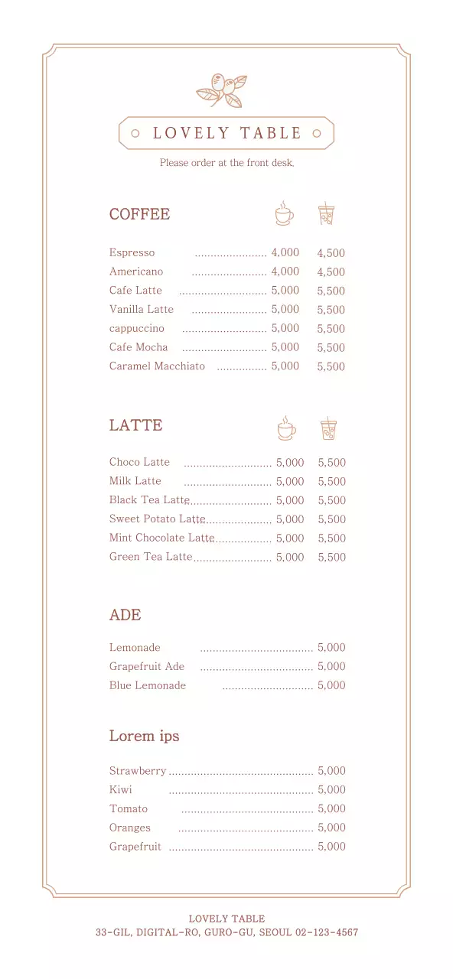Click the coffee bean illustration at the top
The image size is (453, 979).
pyautogui.click(x=222, y=90)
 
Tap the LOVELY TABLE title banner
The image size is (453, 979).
pyautogui.click(x=226, y=133)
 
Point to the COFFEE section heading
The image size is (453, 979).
pyautogui.click(x=139, y=214)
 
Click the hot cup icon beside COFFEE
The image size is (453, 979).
pyautogui.click(x=284, y=213)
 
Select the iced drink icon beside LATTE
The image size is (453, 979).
pyautogui.click(x=328, y=428)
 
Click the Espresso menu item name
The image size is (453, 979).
pyautogui.click(x=132, y=252)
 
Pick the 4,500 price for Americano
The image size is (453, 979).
pyautogui.click(x=331, y=272)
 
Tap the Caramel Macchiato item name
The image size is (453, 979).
pyautogui.click(x=157, y=366)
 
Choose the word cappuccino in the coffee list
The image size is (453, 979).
pyautogui.click(x=136, y=328)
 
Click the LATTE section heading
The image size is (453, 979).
pyautogui.click(x=135, y=425)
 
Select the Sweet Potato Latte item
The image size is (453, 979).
pyautogui.click(x=157, y=519)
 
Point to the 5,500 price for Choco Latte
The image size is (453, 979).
pyautogui.click(x=331, y=463)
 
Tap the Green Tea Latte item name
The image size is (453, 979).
pyautogui.click(x=150, y=557)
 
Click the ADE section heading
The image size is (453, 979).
pyautogui.click(x=125, y=615)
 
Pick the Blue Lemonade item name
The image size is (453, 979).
pyautogui.click(x=147, y=685)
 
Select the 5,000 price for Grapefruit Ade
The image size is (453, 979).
pyautogui.click(x=331, y=667)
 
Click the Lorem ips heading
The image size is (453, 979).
pyautogui.click(x=144, y=736)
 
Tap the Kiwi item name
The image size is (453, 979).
pyautogui.click(x=120, y=789)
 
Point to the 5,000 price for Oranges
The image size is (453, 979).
pyautogui.click(x=331, y=828)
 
